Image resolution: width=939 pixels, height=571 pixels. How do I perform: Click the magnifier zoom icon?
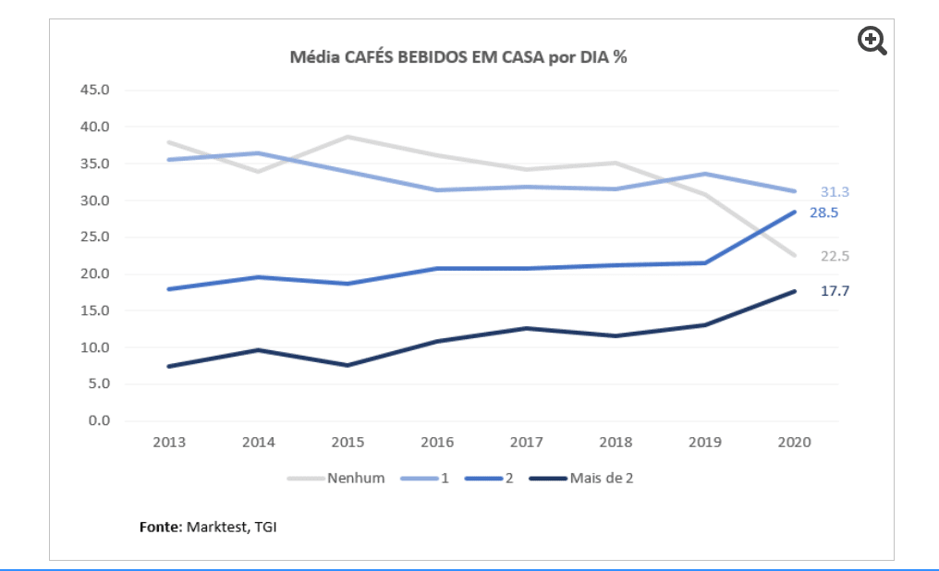point(872,41)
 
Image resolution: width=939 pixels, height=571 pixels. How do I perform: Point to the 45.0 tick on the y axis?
point(95,91)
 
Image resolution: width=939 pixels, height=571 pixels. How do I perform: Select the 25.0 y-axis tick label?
point(95,237)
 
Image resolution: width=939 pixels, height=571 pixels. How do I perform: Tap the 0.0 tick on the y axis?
point(99,421)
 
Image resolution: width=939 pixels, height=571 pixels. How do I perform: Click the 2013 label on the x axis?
point(169,443)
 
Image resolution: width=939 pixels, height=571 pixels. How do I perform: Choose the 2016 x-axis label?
point(437,443)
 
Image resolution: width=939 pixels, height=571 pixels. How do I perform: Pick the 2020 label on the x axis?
point(794,443)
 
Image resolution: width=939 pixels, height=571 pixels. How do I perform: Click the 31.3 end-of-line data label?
point(835,192)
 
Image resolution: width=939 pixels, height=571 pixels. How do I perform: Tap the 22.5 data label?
point(835,257)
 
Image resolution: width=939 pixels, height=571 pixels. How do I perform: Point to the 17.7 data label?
point(835,291)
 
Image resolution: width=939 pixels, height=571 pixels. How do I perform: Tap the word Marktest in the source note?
point(217,528)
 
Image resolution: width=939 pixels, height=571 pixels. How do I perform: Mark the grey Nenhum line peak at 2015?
point(348,137)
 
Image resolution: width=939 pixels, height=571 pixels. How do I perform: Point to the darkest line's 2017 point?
point(526,328)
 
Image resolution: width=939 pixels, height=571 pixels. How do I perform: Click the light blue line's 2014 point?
point(259,153)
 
